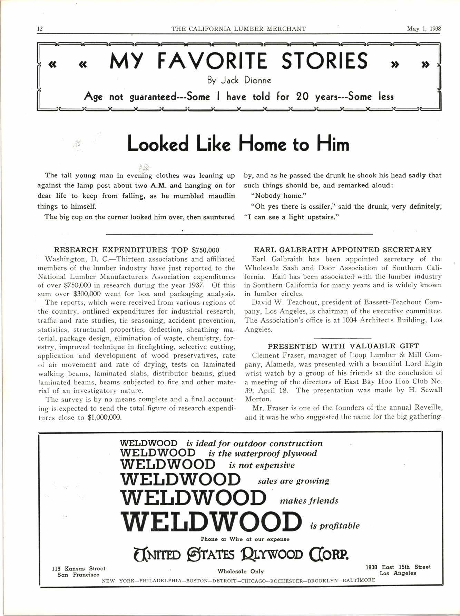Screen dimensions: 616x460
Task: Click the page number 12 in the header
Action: (40, 29)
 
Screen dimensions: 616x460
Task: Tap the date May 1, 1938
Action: (424, 29)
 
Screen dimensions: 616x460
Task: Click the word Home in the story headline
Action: (264, 144)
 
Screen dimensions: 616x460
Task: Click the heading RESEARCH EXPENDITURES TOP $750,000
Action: (137, 250)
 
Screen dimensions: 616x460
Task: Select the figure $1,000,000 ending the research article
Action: (105, 417)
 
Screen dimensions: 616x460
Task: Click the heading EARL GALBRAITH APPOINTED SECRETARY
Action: (343, 250)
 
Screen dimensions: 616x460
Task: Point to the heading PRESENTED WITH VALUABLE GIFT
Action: (343, 346)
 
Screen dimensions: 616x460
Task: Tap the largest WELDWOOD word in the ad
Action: (211, 521)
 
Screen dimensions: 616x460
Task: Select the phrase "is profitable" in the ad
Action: (335, 526)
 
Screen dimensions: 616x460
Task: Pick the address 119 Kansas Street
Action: (78, 568)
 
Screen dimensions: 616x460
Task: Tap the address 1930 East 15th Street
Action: (398, 567)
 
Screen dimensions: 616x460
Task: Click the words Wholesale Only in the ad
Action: (241, 571)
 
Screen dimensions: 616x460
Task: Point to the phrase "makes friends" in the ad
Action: (309, 500)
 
